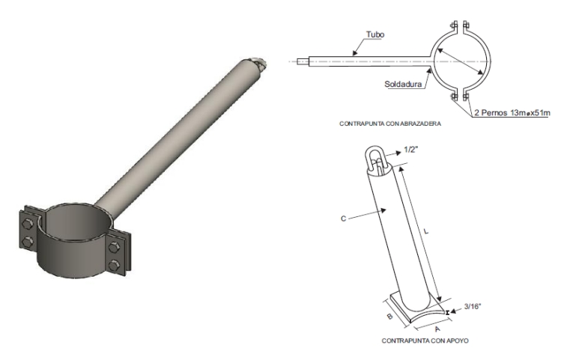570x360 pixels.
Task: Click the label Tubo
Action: point(375,34)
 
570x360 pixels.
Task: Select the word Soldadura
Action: point(403,85)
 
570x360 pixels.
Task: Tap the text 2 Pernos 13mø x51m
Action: point(512,113)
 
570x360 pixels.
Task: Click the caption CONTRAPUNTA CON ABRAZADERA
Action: point(390,124)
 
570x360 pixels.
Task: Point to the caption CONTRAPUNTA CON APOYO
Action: point(425,341)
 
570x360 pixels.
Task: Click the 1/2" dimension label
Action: point(410,150)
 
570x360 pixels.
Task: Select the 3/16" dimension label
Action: point(473,307)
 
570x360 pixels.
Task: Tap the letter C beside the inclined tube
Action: point(343,219)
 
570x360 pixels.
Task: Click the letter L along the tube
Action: point(426,231)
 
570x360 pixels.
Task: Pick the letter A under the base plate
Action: point(437,329)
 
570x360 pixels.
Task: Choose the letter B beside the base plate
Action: point(389,317)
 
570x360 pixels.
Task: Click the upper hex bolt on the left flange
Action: point(27,225)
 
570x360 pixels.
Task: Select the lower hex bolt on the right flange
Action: point(114,265)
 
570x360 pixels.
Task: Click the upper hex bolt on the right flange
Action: point(115,248)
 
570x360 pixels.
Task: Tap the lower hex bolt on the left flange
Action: point(27,242)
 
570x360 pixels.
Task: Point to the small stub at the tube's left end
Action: point(303,61)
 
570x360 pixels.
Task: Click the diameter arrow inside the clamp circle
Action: point(460,61)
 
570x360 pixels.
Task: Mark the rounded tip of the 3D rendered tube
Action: point(259,64)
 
